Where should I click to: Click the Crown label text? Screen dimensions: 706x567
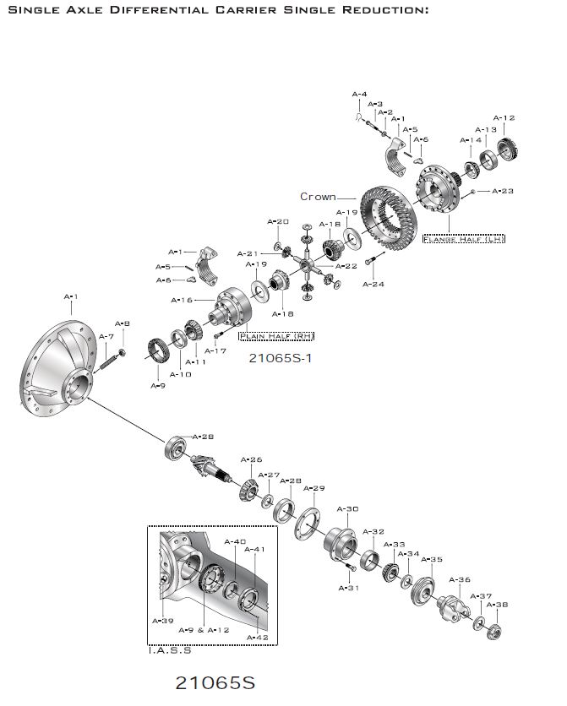(318, 197)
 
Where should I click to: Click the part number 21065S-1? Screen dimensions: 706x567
(281, 357)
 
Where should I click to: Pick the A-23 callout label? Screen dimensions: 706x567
(502, 192)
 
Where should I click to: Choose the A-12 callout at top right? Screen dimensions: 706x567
(504, 118)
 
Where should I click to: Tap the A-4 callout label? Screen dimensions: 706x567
(359, 94)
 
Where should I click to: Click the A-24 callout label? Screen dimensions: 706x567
(373, 285)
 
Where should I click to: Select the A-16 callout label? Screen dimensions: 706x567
(182, 300)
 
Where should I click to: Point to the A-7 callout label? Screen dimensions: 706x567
(106, 336)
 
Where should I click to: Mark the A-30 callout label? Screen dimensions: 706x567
(348, 509)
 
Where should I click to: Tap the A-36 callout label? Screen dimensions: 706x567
(460, 580)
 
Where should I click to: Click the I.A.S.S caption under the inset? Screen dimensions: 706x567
(169, 650)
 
